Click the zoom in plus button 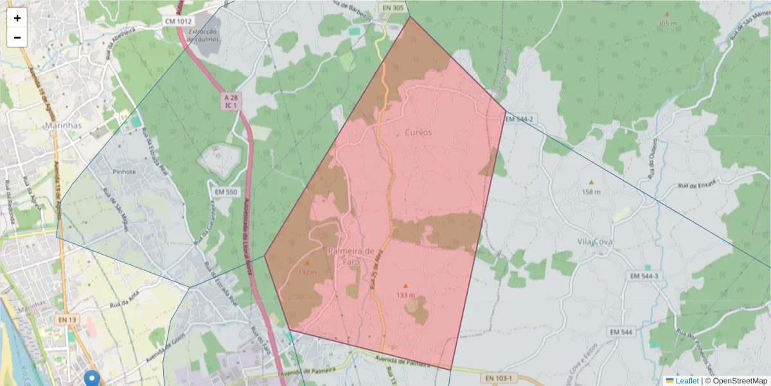17,18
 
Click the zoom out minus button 17,37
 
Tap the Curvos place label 418,132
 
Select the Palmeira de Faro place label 351,255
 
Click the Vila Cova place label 594,242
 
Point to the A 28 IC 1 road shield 231,100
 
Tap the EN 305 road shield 393,8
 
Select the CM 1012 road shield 178,21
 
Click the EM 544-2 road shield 519,119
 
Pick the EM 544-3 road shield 644,275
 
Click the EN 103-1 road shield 499,378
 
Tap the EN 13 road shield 67,319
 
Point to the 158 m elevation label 591,192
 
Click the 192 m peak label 308,272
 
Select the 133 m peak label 405,295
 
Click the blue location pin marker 93,378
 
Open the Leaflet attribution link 687,381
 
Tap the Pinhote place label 124,172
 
